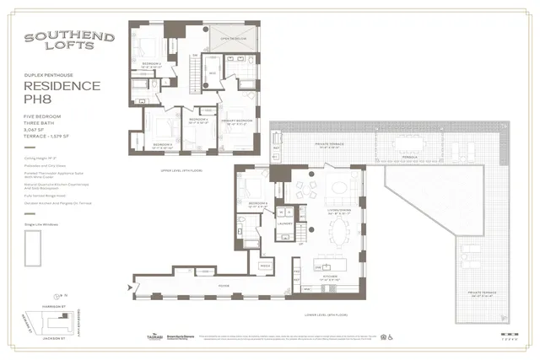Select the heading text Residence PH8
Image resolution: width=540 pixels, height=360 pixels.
pos(61,94)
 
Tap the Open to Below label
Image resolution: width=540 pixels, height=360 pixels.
pos(232,39)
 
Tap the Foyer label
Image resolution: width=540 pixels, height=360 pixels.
pos(224,286)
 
